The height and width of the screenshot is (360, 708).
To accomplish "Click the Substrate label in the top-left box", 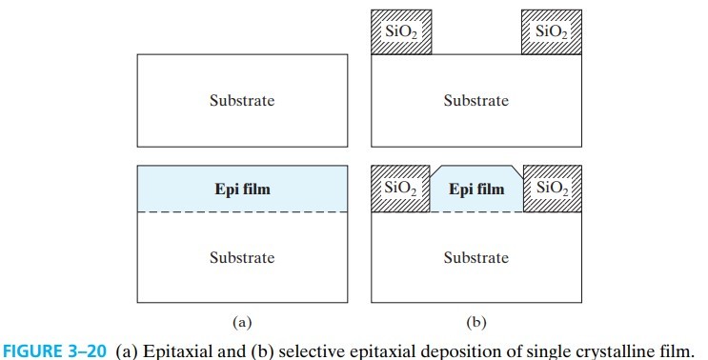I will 242,101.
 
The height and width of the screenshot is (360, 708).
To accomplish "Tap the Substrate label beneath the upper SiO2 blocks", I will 475,101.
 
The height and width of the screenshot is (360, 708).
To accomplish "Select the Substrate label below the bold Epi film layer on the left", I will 242,257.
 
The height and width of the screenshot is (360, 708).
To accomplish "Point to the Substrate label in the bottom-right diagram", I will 475,257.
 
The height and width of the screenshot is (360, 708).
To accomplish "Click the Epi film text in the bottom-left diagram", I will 242,189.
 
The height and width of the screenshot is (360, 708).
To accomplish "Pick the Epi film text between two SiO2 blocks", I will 476,189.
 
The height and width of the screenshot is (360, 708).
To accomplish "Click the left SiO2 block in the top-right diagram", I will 400,31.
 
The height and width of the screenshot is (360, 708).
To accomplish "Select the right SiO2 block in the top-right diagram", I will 552,31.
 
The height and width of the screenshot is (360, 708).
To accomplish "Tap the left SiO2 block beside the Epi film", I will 400,189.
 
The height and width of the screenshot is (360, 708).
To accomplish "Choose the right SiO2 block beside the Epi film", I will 552,189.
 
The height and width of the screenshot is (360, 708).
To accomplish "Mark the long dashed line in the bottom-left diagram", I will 242,211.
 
